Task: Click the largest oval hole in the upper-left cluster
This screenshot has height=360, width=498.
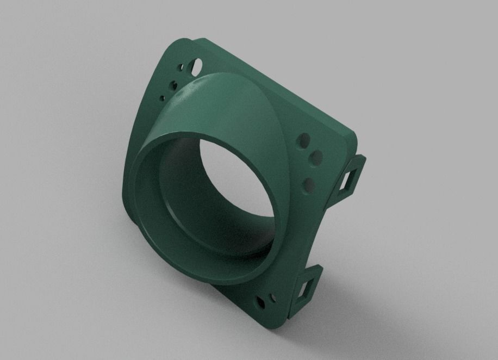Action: pyautogui.click(x=196, y=66)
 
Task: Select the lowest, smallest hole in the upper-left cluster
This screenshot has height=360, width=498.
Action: pyautogui.click(x=162, y=98)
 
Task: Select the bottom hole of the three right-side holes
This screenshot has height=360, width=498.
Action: pyautogui.click(x=308, y=184)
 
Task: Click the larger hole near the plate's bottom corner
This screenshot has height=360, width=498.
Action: pyautogui.click(x=262, y=300)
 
